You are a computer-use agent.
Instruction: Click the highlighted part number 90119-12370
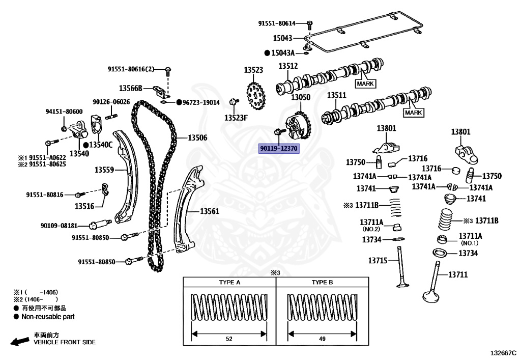(x=279, y=149)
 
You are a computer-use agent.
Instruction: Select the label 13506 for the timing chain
(x=197, y=137)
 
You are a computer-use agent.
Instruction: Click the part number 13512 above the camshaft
(x=287, y=66)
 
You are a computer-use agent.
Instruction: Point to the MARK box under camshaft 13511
(x=413, y=113)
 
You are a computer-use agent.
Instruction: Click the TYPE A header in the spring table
(x=229, y=282)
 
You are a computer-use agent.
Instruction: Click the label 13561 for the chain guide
(x=209, y=210)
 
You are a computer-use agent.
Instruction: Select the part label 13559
(x=104, y=170)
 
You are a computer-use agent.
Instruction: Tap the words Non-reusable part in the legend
(x=48, y=316)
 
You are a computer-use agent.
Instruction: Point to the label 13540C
(x=101, y=145)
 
